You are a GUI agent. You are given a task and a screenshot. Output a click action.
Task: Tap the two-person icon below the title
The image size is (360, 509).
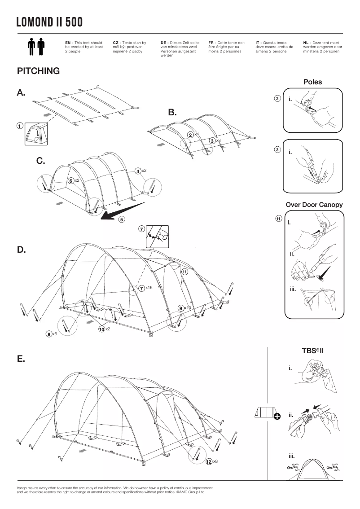point(37,47)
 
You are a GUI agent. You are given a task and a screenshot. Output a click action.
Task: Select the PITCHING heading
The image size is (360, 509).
point(38,71)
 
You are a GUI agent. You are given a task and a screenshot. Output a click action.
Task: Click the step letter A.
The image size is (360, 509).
point(21,93)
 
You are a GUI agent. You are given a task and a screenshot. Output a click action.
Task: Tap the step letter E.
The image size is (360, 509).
point(21,359)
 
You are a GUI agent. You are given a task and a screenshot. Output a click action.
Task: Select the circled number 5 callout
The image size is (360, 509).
point(122,219)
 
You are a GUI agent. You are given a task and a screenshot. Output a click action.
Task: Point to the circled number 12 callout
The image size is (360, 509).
point(209,462)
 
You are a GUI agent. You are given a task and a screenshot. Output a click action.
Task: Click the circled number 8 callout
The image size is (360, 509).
point(48,334)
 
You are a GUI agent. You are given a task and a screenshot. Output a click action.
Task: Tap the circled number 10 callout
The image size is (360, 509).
point(101,329)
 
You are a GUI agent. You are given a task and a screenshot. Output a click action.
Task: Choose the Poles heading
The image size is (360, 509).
point(312,82)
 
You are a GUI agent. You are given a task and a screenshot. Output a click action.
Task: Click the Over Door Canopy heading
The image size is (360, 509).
point(314,205)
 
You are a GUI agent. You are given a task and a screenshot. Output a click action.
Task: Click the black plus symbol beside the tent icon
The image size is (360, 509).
point(277,417)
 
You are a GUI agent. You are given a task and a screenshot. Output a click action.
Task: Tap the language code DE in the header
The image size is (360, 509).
point(164,42)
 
